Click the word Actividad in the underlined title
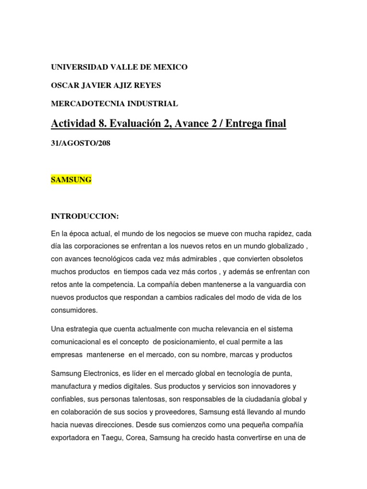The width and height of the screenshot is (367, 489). pos(78,124)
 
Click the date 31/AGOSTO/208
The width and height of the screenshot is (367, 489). pos(81,143)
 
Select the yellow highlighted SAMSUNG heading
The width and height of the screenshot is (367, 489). pos(71,180)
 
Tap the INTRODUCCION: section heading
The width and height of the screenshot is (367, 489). pos(85,217)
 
